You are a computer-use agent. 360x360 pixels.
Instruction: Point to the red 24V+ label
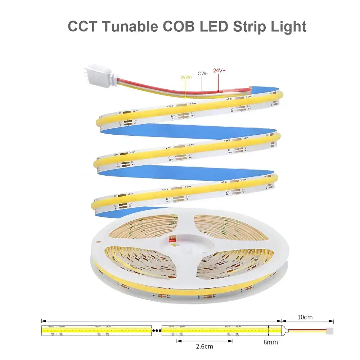219,71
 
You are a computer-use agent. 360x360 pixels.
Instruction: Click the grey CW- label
203,73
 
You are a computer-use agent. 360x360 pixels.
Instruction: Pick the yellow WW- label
185,77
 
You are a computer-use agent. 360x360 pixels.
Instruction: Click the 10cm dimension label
305,317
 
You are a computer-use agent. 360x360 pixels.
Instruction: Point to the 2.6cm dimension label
204,346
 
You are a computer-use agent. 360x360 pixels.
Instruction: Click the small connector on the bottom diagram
330,329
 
